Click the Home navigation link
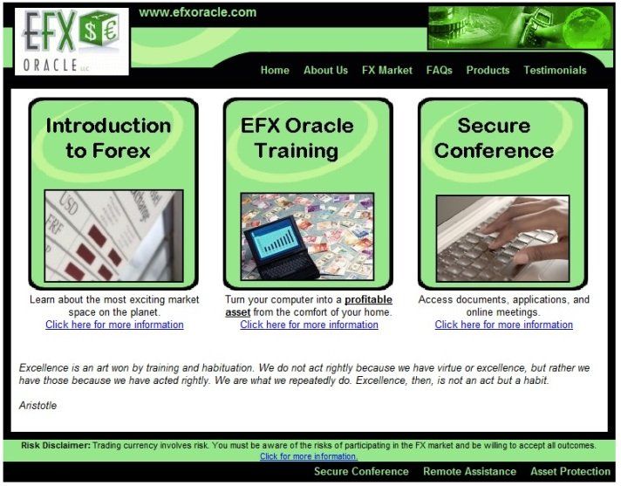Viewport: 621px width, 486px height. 275,70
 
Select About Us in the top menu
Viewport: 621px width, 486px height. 325,70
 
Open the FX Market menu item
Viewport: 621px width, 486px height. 387,70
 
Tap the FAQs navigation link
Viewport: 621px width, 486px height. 440,70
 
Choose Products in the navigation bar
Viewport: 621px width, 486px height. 488,70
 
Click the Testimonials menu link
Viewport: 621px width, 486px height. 555,70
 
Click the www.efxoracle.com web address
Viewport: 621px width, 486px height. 198,12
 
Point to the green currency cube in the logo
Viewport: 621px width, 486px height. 99,31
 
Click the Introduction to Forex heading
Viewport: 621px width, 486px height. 108,138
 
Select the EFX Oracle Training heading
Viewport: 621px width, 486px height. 297,139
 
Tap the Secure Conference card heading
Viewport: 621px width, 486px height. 494,138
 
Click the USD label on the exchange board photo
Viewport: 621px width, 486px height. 68,203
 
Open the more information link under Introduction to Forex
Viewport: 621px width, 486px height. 114,325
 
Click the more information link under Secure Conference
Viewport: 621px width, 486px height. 504,325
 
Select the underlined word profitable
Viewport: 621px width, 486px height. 368,299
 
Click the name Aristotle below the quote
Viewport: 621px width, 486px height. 38,405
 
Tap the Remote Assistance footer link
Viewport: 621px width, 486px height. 469,471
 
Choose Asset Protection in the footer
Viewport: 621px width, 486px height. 570,471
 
